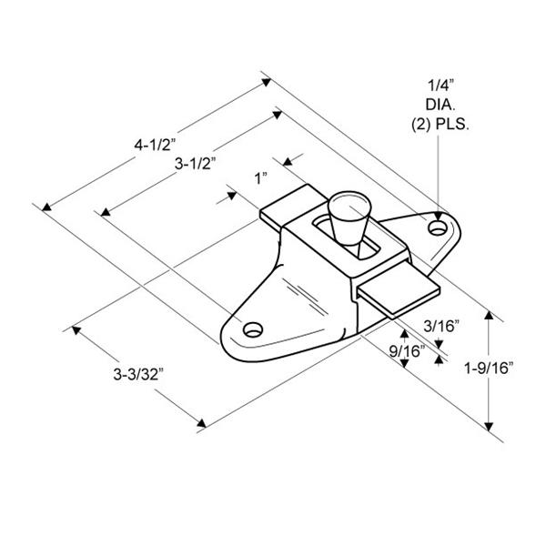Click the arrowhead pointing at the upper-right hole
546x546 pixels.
[x=440, y=209]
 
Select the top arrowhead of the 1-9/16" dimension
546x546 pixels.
[x=490, y=318]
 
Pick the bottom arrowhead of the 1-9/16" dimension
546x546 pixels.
[x=490, y=428]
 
